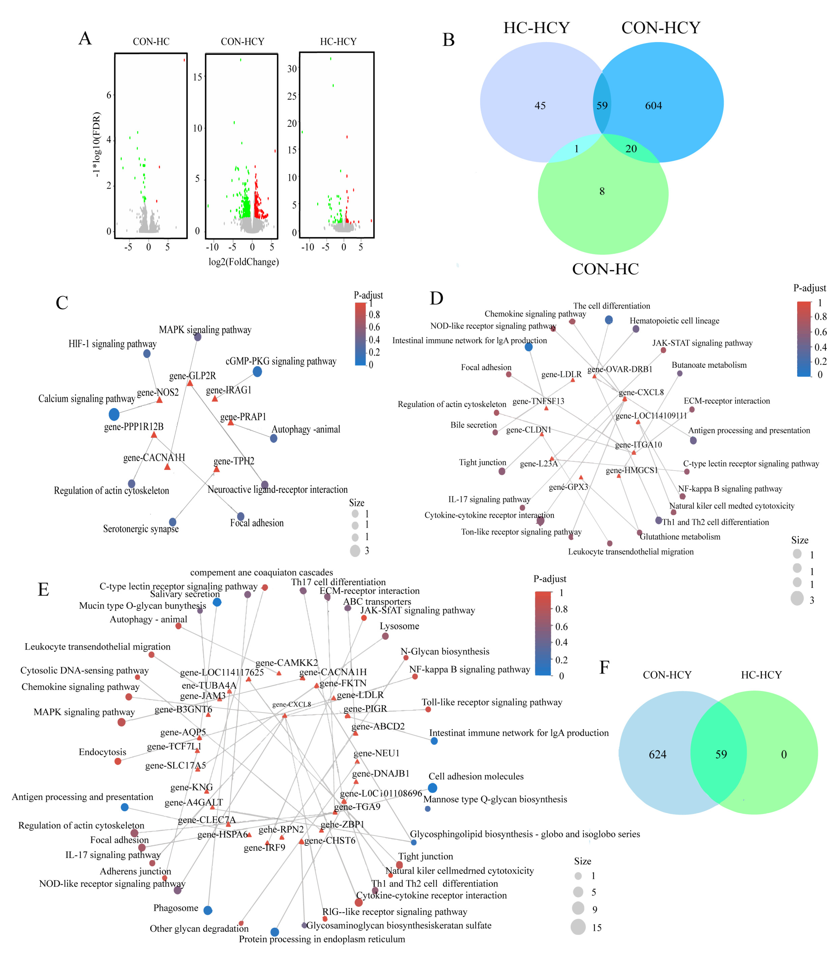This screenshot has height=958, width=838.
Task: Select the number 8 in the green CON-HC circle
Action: pyautogui.click(x=602, y=191)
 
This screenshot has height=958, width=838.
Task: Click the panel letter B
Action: pyautogui.click(x=449, y=40)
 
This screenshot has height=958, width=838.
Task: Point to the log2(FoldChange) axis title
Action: pyautogui.click(x=244, y=262)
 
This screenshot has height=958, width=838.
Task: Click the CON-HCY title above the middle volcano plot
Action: pyautogui.click(x=242, y=42)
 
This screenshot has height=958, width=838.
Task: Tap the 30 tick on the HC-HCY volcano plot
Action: pyautogui.click(x=292, y=69)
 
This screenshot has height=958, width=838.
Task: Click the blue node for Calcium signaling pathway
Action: pyautogui.click(x=114, y=414)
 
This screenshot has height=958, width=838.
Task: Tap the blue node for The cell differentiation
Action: pyautogui.click(x=608, y=320)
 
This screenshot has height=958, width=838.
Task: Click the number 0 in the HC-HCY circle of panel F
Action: pyautogui.click(x=784, y=754)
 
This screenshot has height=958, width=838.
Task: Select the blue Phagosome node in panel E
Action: pyautogui.click(x=208, y=910)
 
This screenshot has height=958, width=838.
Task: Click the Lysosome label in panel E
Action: pyautogui.click(x=399, y=626)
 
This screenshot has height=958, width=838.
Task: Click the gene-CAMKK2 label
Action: pyautogui.click(x=287, y=663)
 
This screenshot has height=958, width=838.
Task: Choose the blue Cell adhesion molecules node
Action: pyautogui.click(x=433, y=788)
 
